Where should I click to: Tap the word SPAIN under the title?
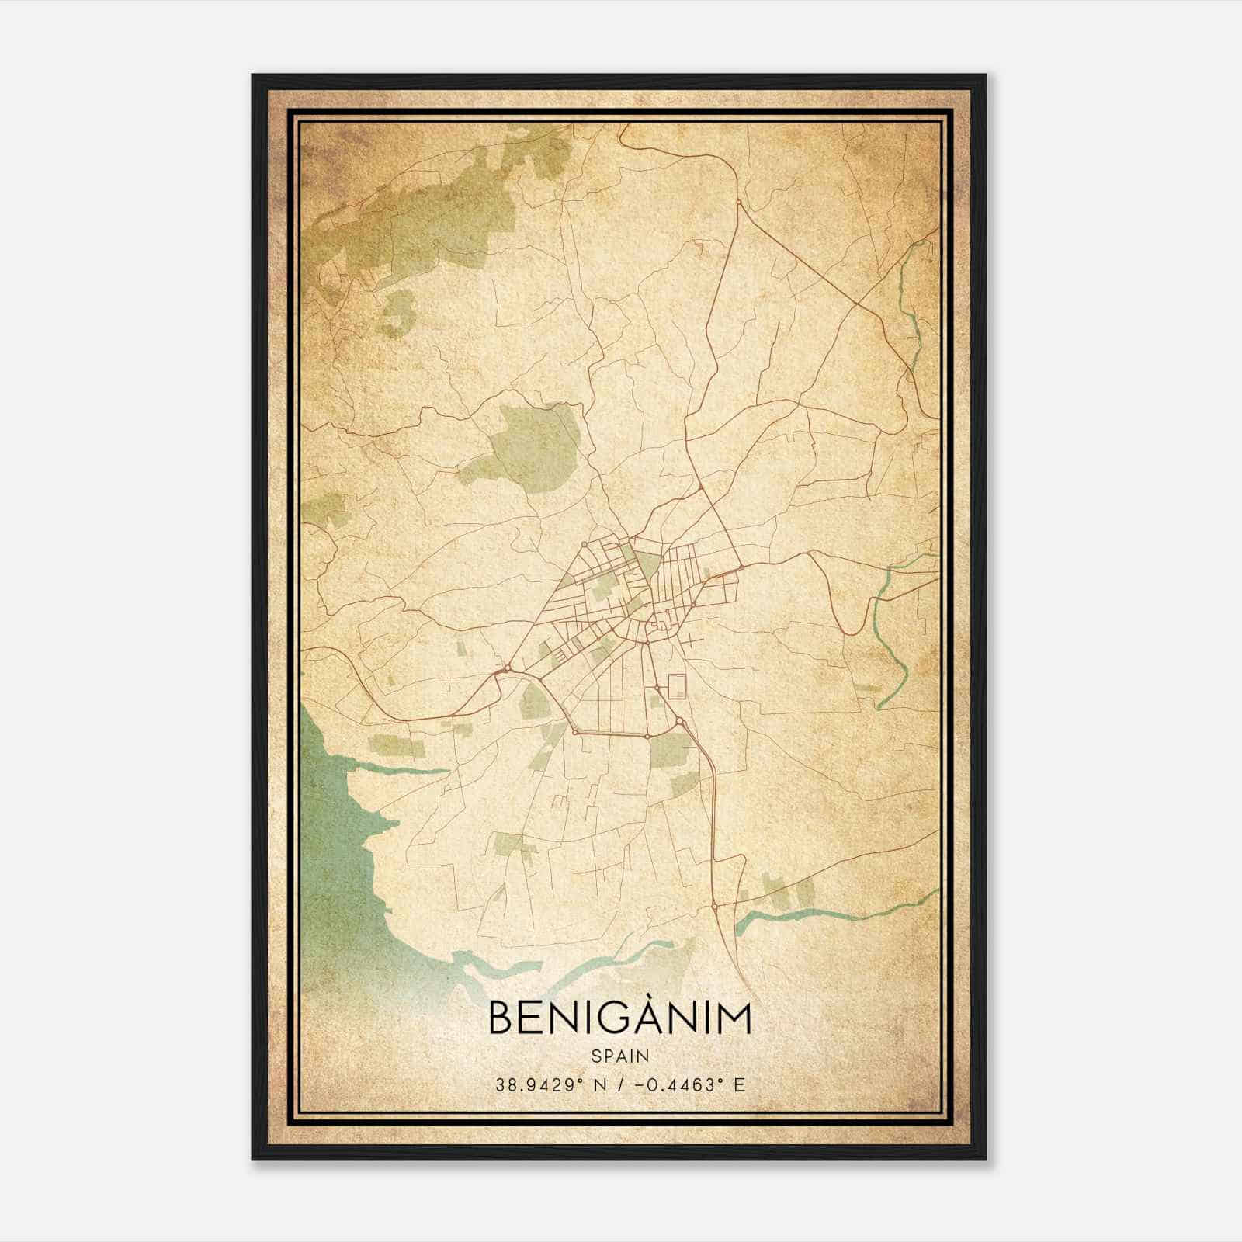pyautogui.click(x=619, y=1056)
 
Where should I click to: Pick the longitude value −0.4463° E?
pyautogui.click(x=689, y=1084)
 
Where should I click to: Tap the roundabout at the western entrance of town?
pyautogui.click(x=508, y=668)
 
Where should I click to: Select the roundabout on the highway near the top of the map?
pyautogui.click(x=738, y=202)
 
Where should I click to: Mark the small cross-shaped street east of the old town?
pyautogui.click(x=690, y=641)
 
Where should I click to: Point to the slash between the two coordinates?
pyautogui.click(x=620, y=1084)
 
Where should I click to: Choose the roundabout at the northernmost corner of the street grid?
pyautogui.click(x=583, y=544)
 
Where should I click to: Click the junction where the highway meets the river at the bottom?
pyautogui.click(x=714, y=905)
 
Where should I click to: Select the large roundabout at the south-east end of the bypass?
pyautogui.click(x=680, y=722)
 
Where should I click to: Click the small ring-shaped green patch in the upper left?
pyautogui.click(x=395, y=314)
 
